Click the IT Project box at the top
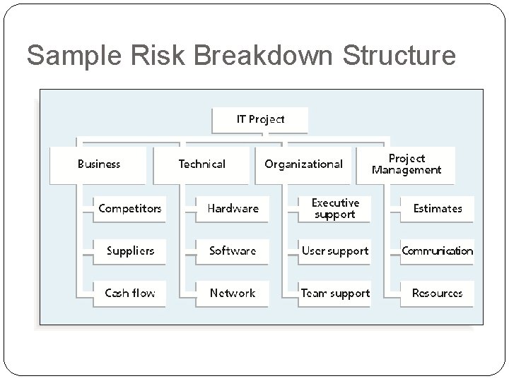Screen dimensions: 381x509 click(x=260, y=119)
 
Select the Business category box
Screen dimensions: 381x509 click(x=99, y=164)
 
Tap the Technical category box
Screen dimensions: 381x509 click(x=202, y=164)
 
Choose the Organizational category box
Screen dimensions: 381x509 click(x=303, y=164)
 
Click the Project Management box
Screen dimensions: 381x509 click(x=406, y=164)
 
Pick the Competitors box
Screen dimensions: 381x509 click(x=130, y=208)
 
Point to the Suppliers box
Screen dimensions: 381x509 click(x=130, y=250)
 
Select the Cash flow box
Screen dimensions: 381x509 click(x=130, y=293)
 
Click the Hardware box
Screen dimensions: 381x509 click(x=233, y=208)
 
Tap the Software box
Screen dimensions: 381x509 click(x=233, y=250)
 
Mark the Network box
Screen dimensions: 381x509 click(x=233, y=293)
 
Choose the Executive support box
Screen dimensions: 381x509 click(x=335, y=208)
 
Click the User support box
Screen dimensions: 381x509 click(x=335, y=250)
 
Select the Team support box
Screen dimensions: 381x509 click(x=335, y=293)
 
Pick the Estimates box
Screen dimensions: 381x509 click(x=438, y=208)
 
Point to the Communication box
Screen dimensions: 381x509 click(x=438, y=250)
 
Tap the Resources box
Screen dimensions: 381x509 click(x=438, y=293)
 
